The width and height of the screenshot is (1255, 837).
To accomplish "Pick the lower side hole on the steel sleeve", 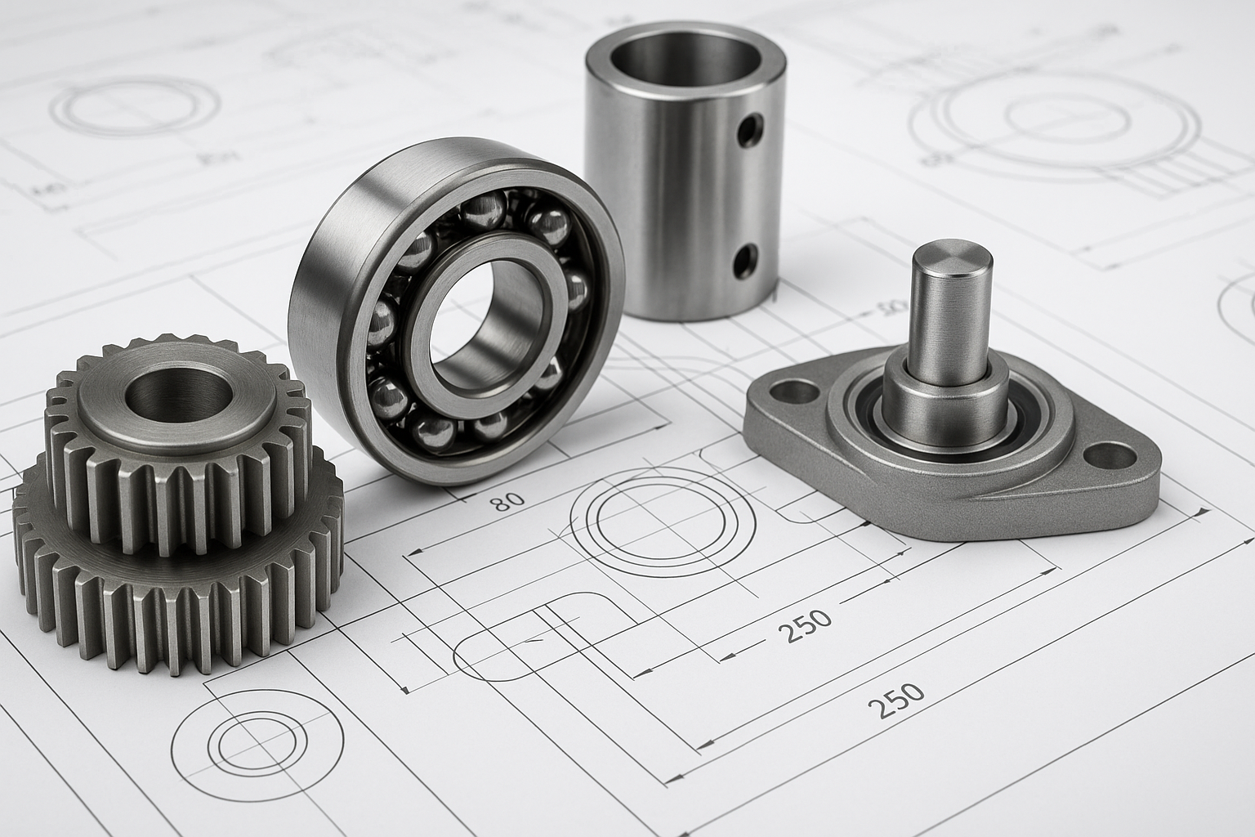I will tap(745, 262).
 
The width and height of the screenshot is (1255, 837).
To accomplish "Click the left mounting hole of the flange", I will tap(793, 392).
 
